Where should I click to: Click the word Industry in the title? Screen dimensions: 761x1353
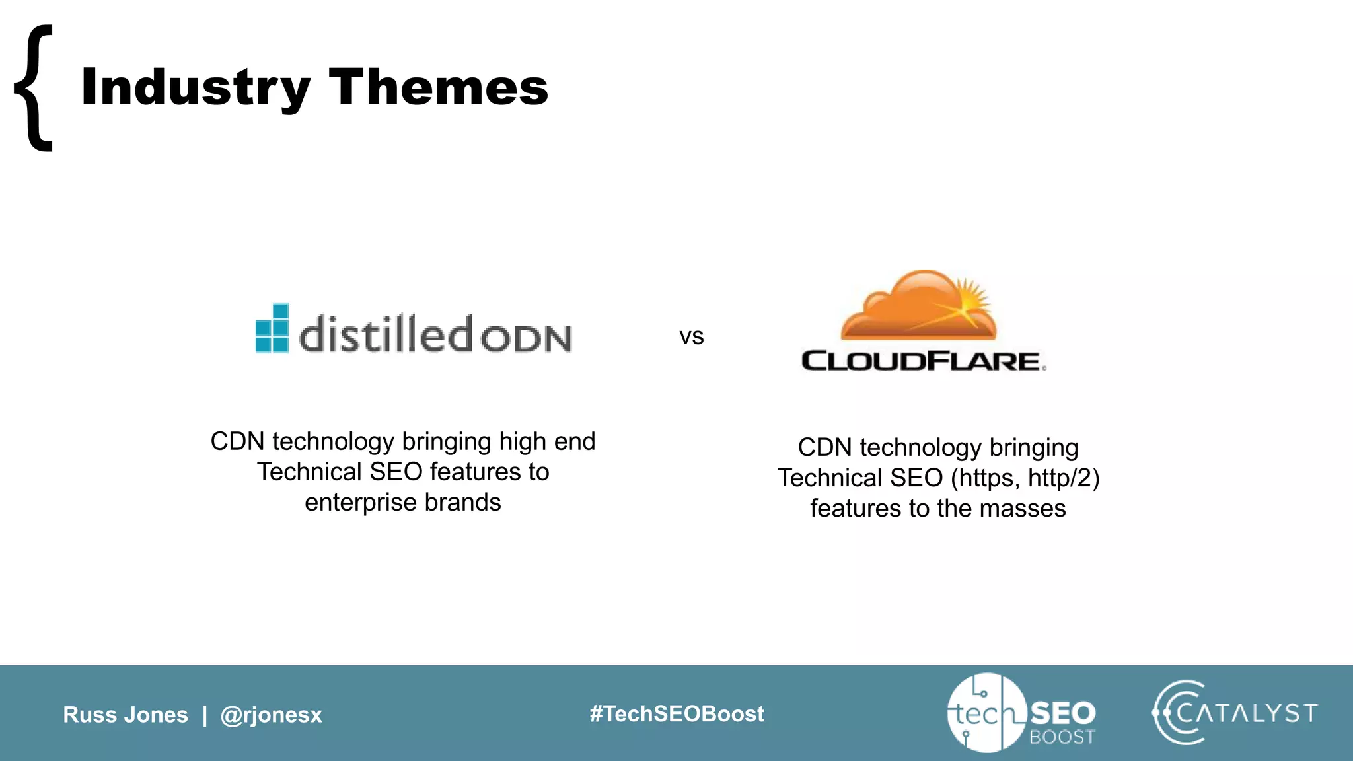coord(196,87)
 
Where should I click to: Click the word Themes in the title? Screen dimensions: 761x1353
coord(438,87)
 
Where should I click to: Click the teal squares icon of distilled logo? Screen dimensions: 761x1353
coord(272,328)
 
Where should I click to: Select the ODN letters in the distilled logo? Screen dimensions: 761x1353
coord(526,338)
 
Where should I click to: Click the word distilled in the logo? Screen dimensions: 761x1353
coord(386,334)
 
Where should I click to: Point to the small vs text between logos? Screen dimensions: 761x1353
coord(691,337)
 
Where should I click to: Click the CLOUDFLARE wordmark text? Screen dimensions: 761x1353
coord(922,361)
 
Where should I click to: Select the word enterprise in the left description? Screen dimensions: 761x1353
coord(361,503)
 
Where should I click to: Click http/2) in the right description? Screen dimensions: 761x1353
coord(1064,478)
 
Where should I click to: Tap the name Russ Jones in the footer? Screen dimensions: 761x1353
coord(126,715)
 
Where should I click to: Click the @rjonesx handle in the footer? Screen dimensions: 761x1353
coord(271,715)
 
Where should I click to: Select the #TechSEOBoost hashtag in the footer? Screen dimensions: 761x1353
coord(676,714)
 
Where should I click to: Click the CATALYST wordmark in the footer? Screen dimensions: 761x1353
coord(1246,713)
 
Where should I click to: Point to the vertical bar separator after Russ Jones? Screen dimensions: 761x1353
coord(205,715)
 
